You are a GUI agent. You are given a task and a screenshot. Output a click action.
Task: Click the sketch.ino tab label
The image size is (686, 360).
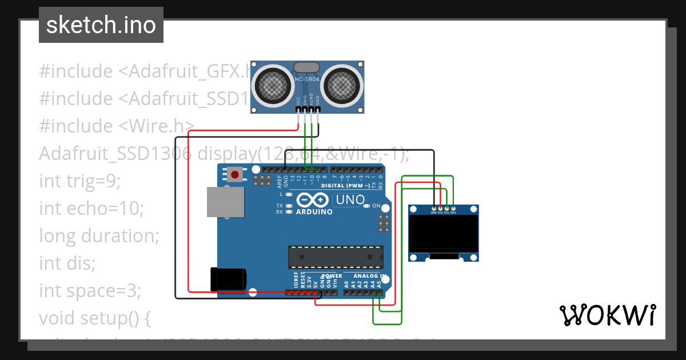[101, 25]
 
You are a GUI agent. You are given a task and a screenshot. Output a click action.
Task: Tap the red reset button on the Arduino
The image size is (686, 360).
[234, 174]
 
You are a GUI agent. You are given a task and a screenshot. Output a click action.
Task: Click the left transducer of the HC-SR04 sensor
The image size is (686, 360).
[273, 85]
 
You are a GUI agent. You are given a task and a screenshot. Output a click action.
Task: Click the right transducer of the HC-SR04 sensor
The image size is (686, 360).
[342, 85]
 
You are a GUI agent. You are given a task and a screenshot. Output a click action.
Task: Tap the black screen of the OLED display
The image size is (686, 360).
[444, 234]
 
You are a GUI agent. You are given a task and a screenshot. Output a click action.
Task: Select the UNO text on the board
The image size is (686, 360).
[350, 200]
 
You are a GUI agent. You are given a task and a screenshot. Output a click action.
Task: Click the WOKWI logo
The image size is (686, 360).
[607, 315]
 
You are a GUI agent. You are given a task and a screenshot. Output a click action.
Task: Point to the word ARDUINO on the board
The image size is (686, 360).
[314, 212]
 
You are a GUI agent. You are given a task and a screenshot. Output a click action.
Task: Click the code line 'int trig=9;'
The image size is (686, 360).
[80, 181]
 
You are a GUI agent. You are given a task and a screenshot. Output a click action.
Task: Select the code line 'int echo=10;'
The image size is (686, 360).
[91, 209]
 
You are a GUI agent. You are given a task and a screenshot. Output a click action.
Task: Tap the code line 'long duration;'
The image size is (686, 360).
[99, 235]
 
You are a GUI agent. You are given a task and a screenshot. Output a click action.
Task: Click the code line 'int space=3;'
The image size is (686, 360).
[90, 291]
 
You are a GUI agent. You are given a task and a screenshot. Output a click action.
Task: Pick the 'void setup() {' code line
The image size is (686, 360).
[95, 318]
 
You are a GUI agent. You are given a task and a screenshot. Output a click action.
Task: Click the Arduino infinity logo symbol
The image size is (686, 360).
[313, 200]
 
